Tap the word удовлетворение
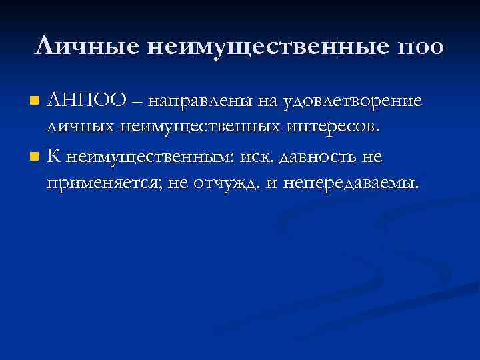point(353,101)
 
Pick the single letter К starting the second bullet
point(55,157)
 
